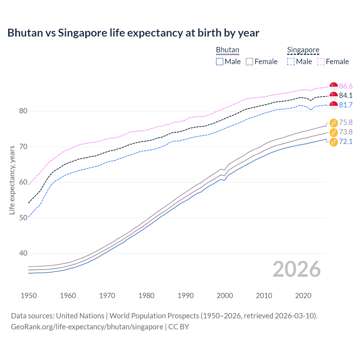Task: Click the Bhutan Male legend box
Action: point(220,62)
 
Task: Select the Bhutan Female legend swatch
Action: point(249,62)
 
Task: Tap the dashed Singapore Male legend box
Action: point(291,62)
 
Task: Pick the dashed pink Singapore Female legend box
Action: point(321,62)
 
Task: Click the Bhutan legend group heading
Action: point(228,50)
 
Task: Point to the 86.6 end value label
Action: point(346,86)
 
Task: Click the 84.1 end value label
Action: point(346,95)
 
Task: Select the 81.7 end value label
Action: point(346,105)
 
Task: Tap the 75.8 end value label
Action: point(346,122)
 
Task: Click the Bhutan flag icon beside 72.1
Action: point(334,142)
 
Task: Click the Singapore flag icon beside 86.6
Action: point(334,86)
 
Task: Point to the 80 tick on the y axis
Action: point(23,111)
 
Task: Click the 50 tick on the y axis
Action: point(23,218)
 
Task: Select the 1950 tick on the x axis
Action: point(29,296)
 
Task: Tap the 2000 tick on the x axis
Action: point(225,296)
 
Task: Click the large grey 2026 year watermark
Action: point(296,269)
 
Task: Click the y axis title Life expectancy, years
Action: point(12,180)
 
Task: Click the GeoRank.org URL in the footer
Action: point(87,327)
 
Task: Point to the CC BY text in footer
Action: point(179,327)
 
